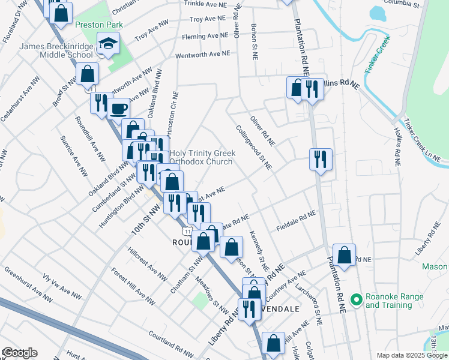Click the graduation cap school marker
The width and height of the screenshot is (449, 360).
pyautogui.click(x=109, y=44)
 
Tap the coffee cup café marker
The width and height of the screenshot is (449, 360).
pyautogui.click(x=119, y=109)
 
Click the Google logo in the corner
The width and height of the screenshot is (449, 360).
pyautogui.click(x=19, y=353)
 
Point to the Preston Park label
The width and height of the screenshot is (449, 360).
pyautogui.click(x=99, y=25)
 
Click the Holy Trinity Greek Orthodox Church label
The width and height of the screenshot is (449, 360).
pyautogui.click(x=201, y=157)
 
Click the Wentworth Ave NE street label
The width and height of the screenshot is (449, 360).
pyautogui.click(x=203, y=54)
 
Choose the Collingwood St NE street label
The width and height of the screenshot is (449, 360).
pyautogui.click(x=254, y=147)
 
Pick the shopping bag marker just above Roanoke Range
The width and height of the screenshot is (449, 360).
pyautogui.click(x=345, y=254)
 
